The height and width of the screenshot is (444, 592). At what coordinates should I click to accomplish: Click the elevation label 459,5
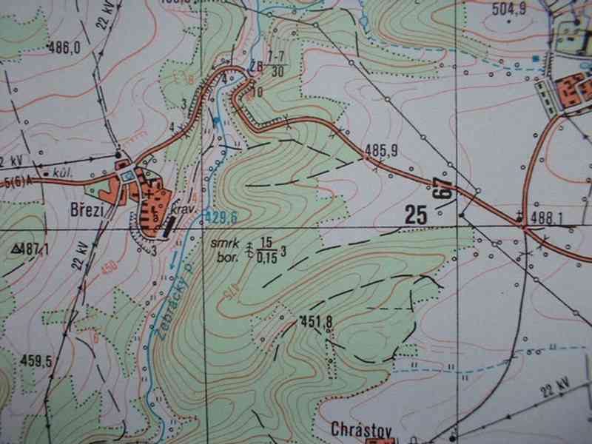point(36,361)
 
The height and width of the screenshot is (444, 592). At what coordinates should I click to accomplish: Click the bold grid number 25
point(417,215)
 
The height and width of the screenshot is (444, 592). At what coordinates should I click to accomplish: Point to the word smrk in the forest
point(221,242)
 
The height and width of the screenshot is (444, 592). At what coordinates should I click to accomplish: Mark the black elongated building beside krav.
point(170,228)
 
